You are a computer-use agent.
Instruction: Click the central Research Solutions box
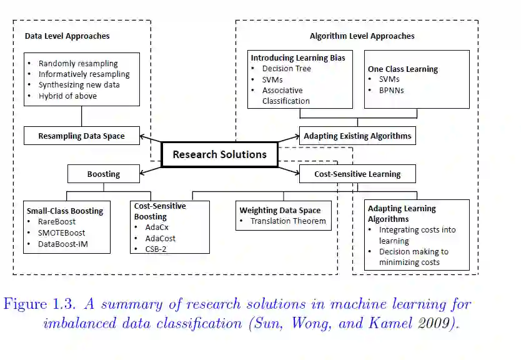pyautogui.click(x=219, y=154)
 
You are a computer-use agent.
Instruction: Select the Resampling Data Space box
pyautogui.click(x=81, y=136)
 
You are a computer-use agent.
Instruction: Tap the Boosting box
pyautogui.click(x=104, y=174)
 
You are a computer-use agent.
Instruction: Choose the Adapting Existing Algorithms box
pyautogui.click(x=357, y=136)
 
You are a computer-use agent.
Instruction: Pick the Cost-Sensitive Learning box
pyautogui.click(x=357, y=174)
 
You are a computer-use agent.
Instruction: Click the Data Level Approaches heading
pyautogui.click(x=67, y=36)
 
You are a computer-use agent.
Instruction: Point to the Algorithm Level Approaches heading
pyautogui.click(x=362, y=36)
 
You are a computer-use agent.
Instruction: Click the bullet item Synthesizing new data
pyautogui.click(x=79, y=85)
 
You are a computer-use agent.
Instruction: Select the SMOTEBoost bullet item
pyautogui.click(x=61, y=233)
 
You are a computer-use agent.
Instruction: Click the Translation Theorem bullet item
pyautogui.click(x=288, y=221)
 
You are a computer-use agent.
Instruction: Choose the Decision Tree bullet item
pyautogui.click(x=286, y=69)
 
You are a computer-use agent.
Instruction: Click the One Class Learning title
pyautogui.click(x=403, y=69)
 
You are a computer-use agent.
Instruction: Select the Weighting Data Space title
pyautogui.click(x=280, y=211)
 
